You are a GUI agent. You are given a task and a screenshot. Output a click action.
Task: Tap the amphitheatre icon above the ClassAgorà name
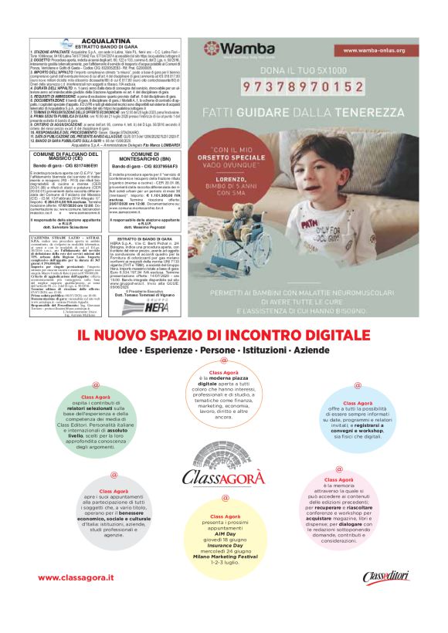[x=223, y=455]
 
